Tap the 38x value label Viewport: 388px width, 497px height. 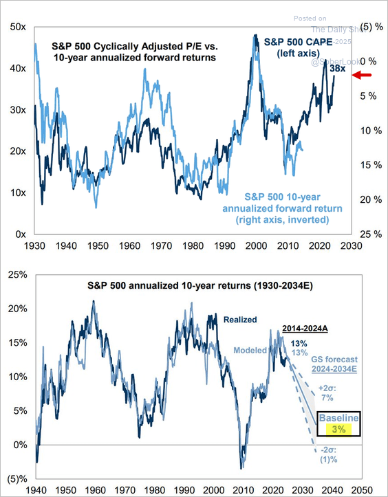click(x=338, y=69)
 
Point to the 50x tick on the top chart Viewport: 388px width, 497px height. click(x=18, y=27)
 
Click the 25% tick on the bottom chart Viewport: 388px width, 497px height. click(x=17, y=274)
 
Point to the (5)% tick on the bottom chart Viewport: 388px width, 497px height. click(x=17, y=479)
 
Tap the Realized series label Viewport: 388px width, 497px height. click(x=239, y=319)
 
